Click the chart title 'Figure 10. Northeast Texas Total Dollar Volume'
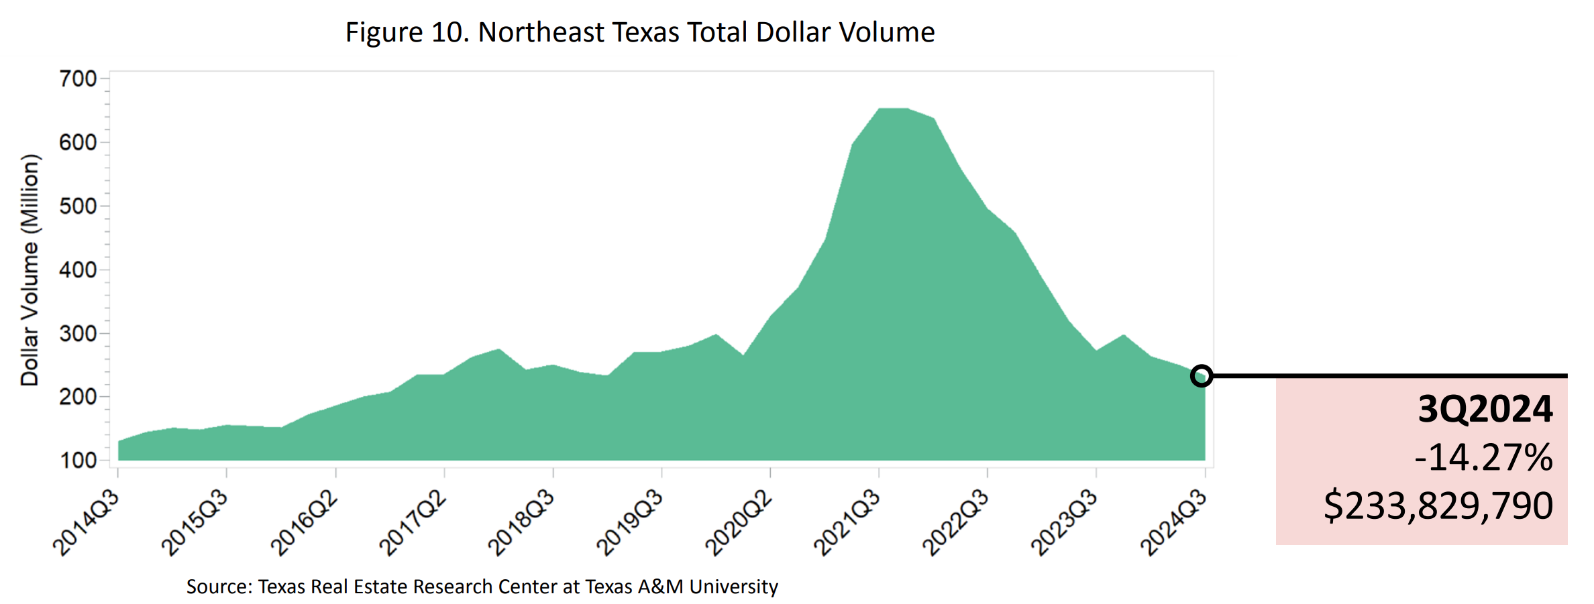(x=639, y=32)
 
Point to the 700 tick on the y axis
(x=78, y=79)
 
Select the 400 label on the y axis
(x=78, y=270)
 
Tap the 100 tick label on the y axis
(x=78, y=461)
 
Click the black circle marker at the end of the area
(x=1202, y=375)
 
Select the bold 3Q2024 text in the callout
(x=1485, y=409)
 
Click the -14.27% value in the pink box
(x=1483, y=458)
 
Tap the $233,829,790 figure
(x=1438, y=505)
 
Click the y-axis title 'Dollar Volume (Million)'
(x=30, y=270)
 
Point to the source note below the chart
(x=482, y=587)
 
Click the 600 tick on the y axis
(x=78, y=143)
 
